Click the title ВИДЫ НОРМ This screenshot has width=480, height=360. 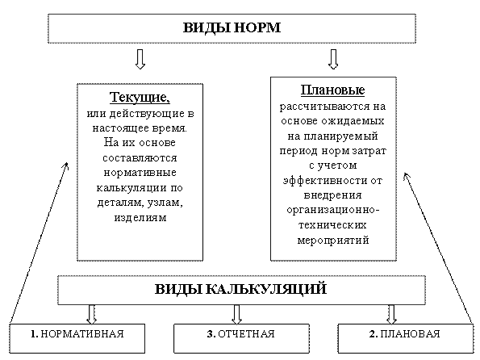[x=232, y=27]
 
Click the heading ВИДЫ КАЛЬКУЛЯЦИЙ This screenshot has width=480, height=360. [x=240, y=289]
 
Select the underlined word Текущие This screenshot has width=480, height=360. [x=139, y=97]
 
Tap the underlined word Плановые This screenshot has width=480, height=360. [x=332, y=90]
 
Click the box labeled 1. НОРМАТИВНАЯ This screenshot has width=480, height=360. [x=77, y=338]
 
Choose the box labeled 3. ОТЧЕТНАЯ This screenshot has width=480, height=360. [x=241, y=338]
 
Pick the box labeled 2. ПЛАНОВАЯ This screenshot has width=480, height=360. [x=405, y=338]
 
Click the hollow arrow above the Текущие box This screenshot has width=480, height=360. [x=140, y=59]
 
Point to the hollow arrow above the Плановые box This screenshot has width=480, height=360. [x=333, y=59]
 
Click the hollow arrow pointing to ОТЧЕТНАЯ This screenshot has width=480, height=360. [x=236, y=314]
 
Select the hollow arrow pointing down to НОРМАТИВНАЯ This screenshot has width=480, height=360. [x=91, y=314]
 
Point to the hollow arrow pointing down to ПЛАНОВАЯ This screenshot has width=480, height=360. [x=391, y=314]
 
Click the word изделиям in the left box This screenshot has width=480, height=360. [x=140, y=217]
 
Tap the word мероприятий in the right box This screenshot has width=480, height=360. [x=333, y=240]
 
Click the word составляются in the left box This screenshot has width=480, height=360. [x=140, y=158]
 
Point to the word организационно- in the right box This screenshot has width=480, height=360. [x=333, y=210]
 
